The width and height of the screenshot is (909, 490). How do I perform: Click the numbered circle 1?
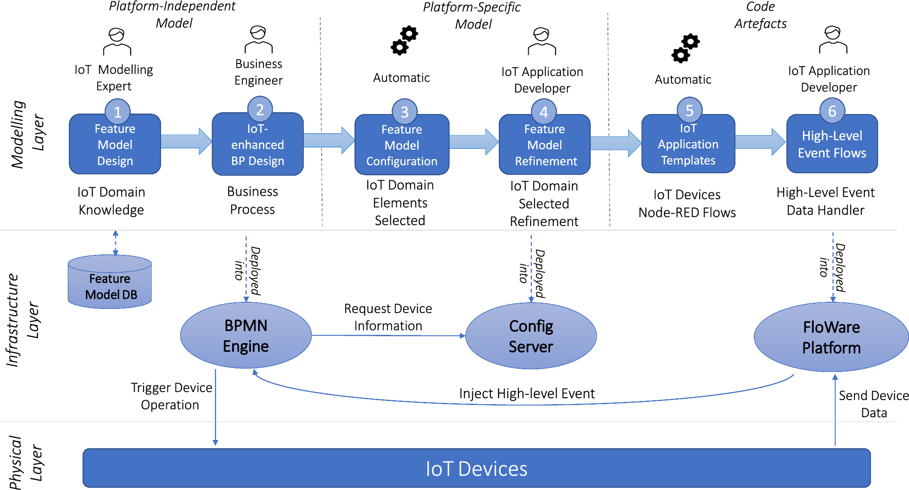(118, 111)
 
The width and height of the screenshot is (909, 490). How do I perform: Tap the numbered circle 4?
(544, 111)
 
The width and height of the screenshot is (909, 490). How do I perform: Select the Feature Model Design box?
(115, 144)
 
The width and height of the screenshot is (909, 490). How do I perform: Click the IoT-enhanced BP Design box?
(258, 144)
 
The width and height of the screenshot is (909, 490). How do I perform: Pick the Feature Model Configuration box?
(402, 144)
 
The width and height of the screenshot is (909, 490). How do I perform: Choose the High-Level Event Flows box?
(832, 144)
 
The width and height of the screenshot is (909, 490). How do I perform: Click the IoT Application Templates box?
(688, 144)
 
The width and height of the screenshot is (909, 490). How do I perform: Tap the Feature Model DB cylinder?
(110, 282)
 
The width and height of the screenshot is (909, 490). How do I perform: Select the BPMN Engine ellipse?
(246, 335)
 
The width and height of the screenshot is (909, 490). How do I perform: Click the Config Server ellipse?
(531, 336)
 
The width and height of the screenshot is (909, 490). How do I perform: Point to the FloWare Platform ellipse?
(831, 337)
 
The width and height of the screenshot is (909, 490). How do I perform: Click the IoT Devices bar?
(476, 468)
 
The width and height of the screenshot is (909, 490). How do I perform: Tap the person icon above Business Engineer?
(259, 39)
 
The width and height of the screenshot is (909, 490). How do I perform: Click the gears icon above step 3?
(404, 41)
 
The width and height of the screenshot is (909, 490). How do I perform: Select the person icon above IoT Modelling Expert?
(117, 42)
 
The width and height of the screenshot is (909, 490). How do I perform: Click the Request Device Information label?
(388, 317)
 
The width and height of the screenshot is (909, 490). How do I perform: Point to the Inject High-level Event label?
(527, 393)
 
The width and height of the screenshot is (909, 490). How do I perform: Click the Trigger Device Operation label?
(171, 396)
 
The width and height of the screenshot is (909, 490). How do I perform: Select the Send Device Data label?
(874, 404)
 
